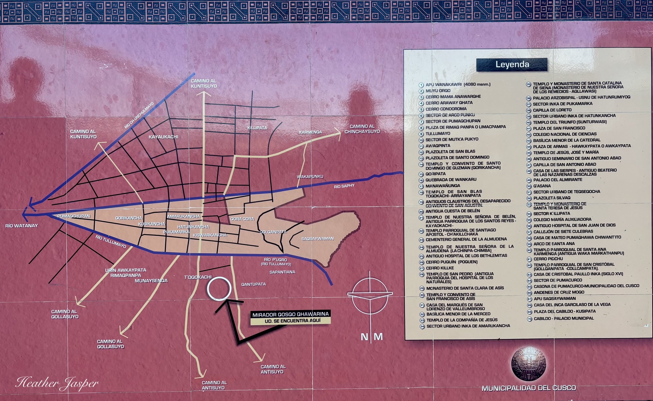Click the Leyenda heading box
[x=512, y=65]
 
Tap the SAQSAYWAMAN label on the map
[x=318, y=239]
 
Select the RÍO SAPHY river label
[x=344, y=186]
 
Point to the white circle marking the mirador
[x=219, y=289]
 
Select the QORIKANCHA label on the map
[x=129, y=218]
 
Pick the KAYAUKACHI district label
[x=163, y=137]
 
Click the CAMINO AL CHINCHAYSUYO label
[x=362, y=129]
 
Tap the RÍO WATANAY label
[x=22, y=226]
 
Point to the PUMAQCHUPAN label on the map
[x=74, y=216]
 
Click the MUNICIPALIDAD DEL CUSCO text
[x=529, y=388]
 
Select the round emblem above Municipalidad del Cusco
[x=528, y=365]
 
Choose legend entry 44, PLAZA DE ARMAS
[x=582, y=146]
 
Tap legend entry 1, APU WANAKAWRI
[x=458, y=85]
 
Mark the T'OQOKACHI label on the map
[x=198, y=277]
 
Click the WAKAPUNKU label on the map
[x=310, y=177]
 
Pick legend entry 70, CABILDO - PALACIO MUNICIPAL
[x=564, y=318]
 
